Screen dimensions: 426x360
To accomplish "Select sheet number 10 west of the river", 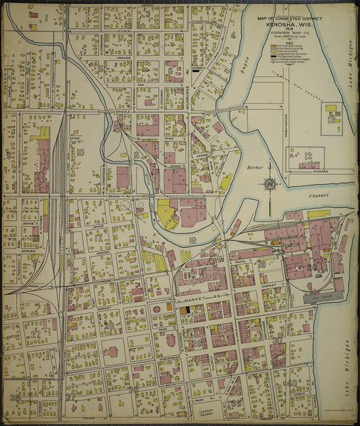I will pyautogui.click(x=80, y=153).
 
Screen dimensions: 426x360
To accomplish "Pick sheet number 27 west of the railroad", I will pyautogui.click(x=35, y=334).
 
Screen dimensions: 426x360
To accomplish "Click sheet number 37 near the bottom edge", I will pyautogui.click(x=70, y=398).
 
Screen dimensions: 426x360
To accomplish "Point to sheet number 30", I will pyautogui.click(x=278, y=341).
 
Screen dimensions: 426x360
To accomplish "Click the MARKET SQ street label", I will pyautogui.click(x=190, y=298).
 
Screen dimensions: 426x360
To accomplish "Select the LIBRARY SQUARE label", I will pyautogui.click(x=205, y=412).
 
